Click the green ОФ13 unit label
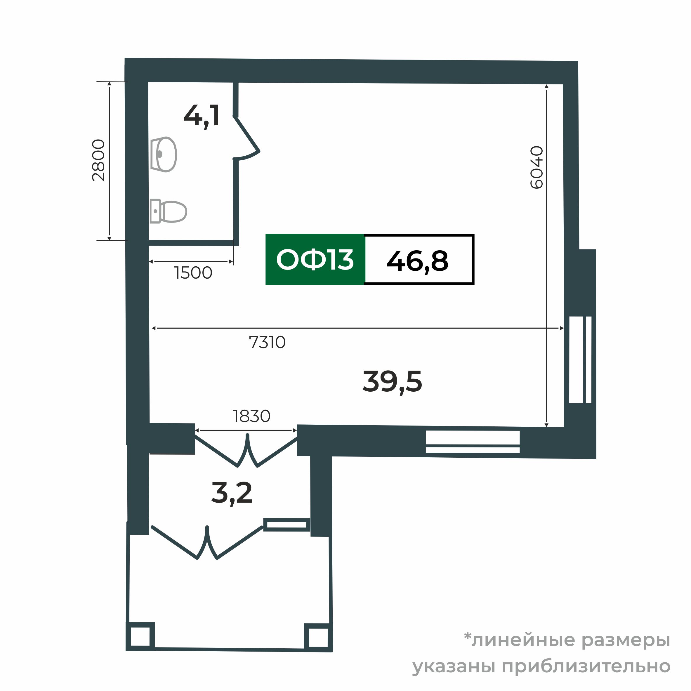click(x=315, y=260)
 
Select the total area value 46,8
click(x=417, y=261)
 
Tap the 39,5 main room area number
click(x=392, y=382)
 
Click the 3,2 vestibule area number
click(x=232, y=493)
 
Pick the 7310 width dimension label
click(x=267, y=342)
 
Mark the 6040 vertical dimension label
click(x=537, y=167)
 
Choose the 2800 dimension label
click(x=98, y=160)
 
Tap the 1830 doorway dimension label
click(x=251, y=416)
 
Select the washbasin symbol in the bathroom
click(x=164, y=154)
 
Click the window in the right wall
click(x=580, y=360)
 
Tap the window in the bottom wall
click(x=472, y=442)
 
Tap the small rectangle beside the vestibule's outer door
click(x=286, y=525)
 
